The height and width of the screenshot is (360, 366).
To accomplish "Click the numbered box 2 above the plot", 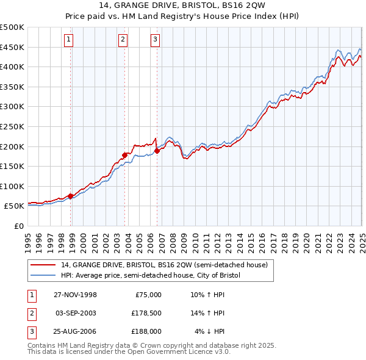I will pyautogui.click(x=123, y=40).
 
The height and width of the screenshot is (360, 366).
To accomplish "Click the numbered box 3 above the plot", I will pyautogui.click(x=155, y=40).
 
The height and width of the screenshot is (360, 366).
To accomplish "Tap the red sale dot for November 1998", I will pyautogui.click(x=71, y=196).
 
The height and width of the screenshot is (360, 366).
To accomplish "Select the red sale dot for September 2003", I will pyautogui.click(x=124, y=155).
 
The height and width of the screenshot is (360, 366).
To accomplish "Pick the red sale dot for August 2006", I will pyautogui.click(x=157, y=151).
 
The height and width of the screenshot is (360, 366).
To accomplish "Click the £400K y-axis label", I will pyautogui.click(x=12, y=67).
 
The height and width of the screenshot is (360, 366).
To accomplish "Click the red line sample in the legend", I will pyautogui.click(x=44, y=265).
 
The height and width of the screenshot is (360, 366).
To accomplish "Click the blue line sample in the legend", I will pyautogui.click(x=44, y=275).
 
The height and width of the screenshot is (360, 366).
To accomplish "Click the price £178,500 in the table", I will pyautogui.click(x=146, y=313).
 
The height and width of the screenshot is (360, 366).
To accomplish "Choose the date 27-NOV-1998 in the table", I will pyautogui.click(x=76, y=295).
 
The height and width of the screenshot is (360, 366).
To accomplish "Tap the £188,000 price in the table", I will pyautogui.click(x=146, y=331).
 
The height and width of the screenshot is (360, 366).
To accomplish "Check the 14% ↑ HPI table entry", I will pyautogui.click(x=208, y=313).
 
